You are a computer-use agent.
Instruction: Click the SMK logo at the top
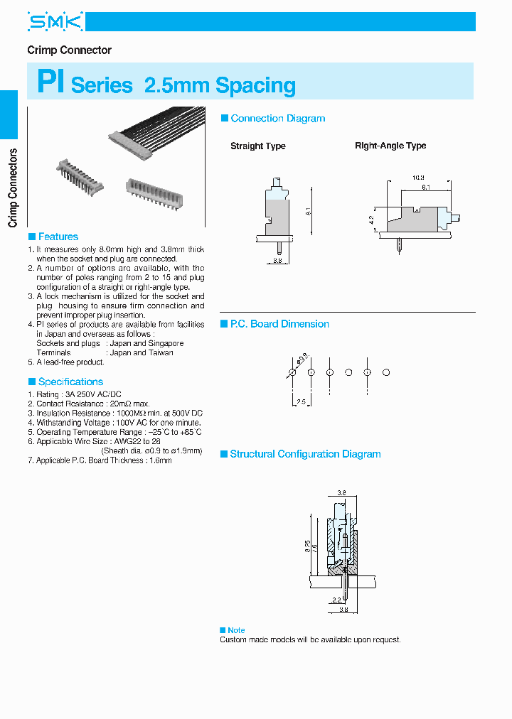tap(55, 22)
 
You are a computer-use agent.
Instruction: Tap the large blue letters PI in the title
tap(51, 83)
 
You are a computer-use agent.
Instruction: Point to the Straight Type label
tap(257, 146)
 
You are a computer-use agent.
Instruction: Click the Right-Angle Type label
tap(390, 146)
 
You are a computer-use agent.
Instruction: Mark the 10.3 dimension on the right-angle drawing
tap(418, 177)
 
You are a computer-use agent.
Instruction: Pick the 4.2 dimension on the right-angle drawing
tap(371, 220)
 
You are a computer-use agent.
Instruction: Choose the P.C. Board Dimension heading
tap(279, 324)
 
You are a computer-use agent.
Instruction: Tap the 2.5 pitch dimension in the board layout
tap(300, 402)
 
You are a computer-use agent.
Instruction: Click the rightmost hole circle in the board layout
tap(386, 372)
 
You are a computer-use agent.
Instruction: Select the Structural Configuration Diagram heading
tap(305, 454)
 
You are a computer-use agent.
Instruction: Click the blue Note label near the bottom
tap(236, 630)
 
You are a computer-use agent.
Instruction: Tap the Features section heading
tap(58, 237)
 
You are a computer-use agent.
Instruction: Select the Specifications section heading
tap(70, 382)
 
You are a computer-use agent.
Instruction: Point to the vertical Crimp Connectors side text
tap(12, 188)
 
